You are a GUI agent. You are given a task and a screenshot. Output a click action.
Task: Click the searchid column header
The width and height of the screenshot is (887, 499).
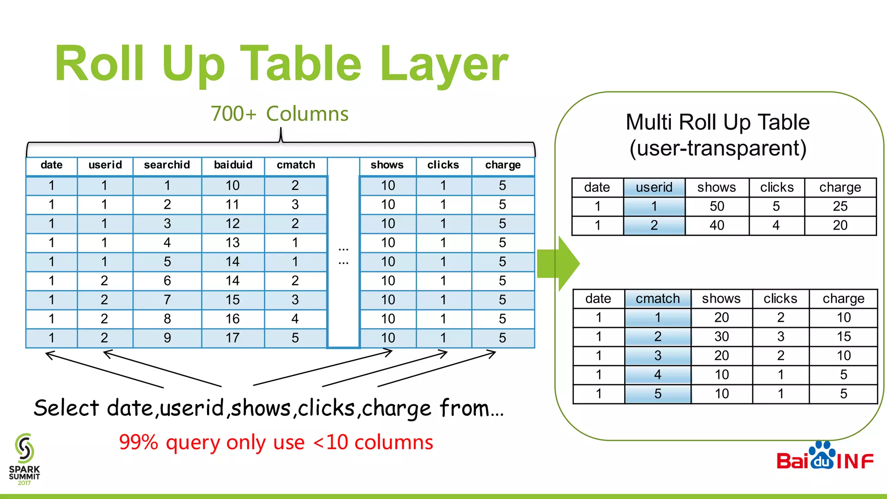[167, 165]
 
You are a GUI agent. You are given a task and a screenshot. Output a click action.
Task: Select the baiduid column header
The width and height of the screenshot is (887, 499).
[233, 165]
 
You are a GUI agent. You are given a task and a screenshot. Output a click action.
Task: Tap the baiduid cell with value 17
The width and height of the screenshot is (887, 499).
[233, 338]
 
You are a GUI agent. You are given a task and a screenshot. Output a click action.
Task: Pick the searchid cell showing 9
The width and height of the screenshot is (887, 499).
[167, 338]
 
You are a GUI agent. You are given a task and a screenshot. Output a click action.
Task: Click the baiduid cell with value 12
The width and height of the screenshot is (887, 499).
[233, 224]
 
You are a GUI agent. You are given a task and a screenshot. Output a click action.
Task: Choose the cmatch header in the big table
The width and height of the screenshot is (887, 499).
[296, 165]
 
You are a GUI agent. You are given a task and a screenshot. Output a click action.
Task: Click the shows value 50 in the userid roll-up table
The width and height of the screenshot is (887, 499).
[717, 206]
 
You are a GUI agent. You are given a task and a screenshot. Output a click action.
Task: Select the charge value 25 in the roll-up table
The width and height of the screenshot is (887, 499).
[840, 206]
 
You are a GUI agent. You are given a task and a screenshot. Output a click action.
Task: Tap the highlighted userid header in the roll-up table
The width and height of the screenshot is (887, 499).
[654, 187]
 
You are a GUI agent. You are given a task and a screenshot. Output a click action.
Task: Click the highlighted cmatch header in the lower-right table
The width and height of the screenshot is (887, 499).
[657, 298]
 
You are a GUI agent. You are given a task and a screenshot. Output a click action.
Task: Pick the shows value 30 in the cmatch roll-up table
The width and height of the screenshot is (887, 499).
[722, 337]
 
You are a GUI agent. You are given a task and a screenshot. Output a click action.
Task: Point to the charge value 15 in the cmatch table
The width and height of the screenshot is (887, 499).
[844, 337]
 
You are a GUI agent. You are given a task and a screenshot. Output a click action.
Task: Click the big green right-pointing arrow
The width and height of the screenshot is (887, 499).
[559, 263]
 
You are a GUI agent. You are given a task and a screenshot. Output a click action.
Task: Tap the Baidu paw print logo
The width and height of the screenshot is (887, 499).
[822, 456]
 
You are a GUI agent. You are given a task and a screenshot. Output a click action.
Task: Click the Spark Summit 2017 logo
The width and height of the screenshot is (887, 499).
[24, 459]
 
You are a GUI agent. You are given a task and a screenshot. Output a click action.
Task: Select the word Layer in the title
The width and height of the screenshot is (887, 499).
[443, 65]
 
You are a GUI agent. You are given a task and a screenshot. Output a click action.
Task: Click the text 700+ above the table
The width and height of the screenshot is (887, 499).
[233, 114]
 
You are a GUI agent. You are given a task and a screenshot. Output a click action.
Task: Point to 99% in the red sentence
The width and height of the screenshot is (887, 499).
[139, 442]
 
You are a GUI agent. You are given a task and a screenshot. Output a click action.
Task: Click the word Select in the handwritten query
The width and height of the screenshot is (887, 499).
[67, 408]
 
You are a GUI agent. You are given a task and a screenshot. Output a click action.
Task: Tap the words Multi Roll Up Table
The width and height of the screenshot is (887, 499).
[718, 122]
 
